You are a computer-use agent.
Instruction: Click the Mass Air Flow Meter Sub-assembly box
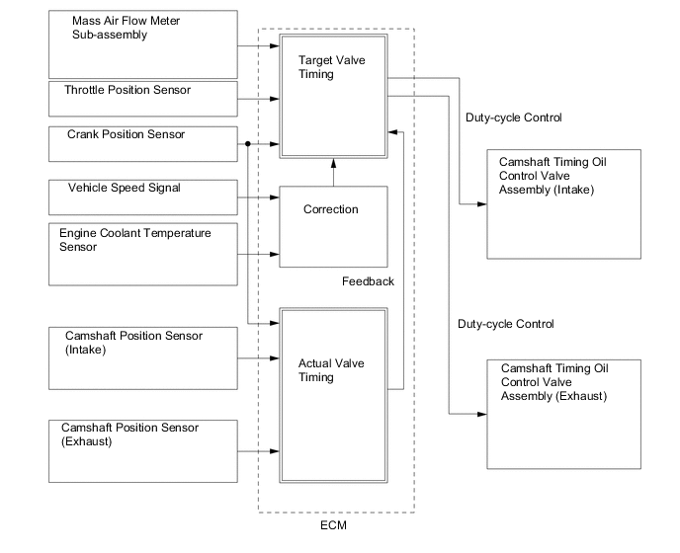pyautogui.click(x=143, y=44)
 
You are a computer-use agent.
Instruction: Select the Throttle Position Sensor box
pyautogui.click(x=143, y=99)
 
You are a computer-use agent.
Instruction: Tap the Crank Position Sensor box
pyautogui.click(x=143, y=143)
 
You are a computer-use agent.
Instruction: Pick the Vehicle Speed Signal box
pyautogui.click(x=143, y=197)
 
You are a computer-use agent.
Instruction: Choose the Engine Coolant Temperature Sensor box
pyautogui.click(x=143, y=254)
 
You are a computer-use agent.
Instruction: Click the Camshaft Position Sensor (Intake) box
pyautogui.click(x=143, y=356)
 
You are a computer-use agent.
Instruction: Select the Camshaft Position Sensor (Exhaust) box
pyautogui.click(x=143, y=450)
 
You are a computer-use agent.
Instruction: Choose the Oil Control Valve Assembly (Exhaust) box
pyautogui.click(x=564, y=413)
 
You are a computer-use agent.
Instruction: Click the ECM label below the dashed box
pyautogui.click(x=334, y=526)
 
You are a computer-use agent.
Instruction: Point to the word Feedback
pyautogui.click(x=368, y=281)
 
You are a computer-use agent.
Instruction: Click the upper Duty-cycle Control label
pyautogui.click(x=513, y=118)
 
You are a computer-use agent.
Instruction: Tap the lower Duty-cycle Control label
pyautogui.click(x=505, y=324)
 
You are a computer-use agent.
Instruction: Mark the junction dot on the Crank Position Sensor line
pyautogui.click(x=246, y=144)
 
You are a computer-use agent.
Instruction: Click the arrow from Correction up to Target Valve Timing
pyautogui.click(x=332, y=172)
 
